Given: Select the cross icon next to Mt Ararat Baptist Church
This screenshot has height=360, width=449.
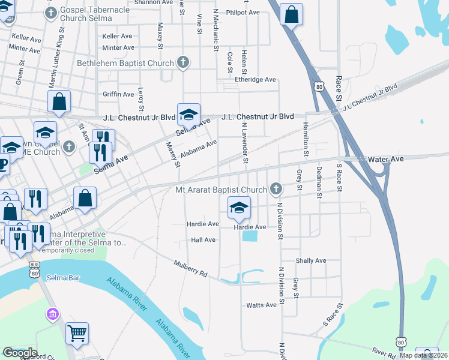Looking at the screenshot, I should point(276,190).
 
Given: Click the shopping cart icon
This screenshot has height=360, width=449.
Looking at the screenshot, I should point(77,333).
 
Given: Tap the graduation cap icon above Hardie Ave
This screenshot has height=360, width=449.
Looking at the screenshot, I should point(239,208).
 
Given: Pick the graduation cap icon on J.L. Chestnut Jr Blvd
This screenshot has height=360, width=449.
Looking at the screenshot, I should point(188,114).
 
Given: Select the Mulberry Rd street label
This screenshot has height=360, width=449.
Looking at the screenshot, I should point(190,268).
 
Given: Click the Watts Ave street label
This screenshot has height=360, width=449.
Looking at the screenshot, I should point(261,305).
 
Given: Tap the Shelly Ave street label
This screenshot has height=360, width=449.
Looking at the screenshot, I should point(311,260).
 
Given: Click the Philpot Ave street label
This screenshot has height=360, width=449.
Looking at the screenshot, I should point(243,12).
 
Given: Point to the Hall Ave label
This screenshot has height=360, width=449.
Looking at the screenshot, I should point(202,239).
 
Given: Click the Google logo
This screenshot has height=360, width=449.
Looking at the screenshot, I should point(20,353).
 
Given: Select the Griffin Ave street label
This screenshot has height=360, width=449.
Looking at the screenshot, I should point(118,94).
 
